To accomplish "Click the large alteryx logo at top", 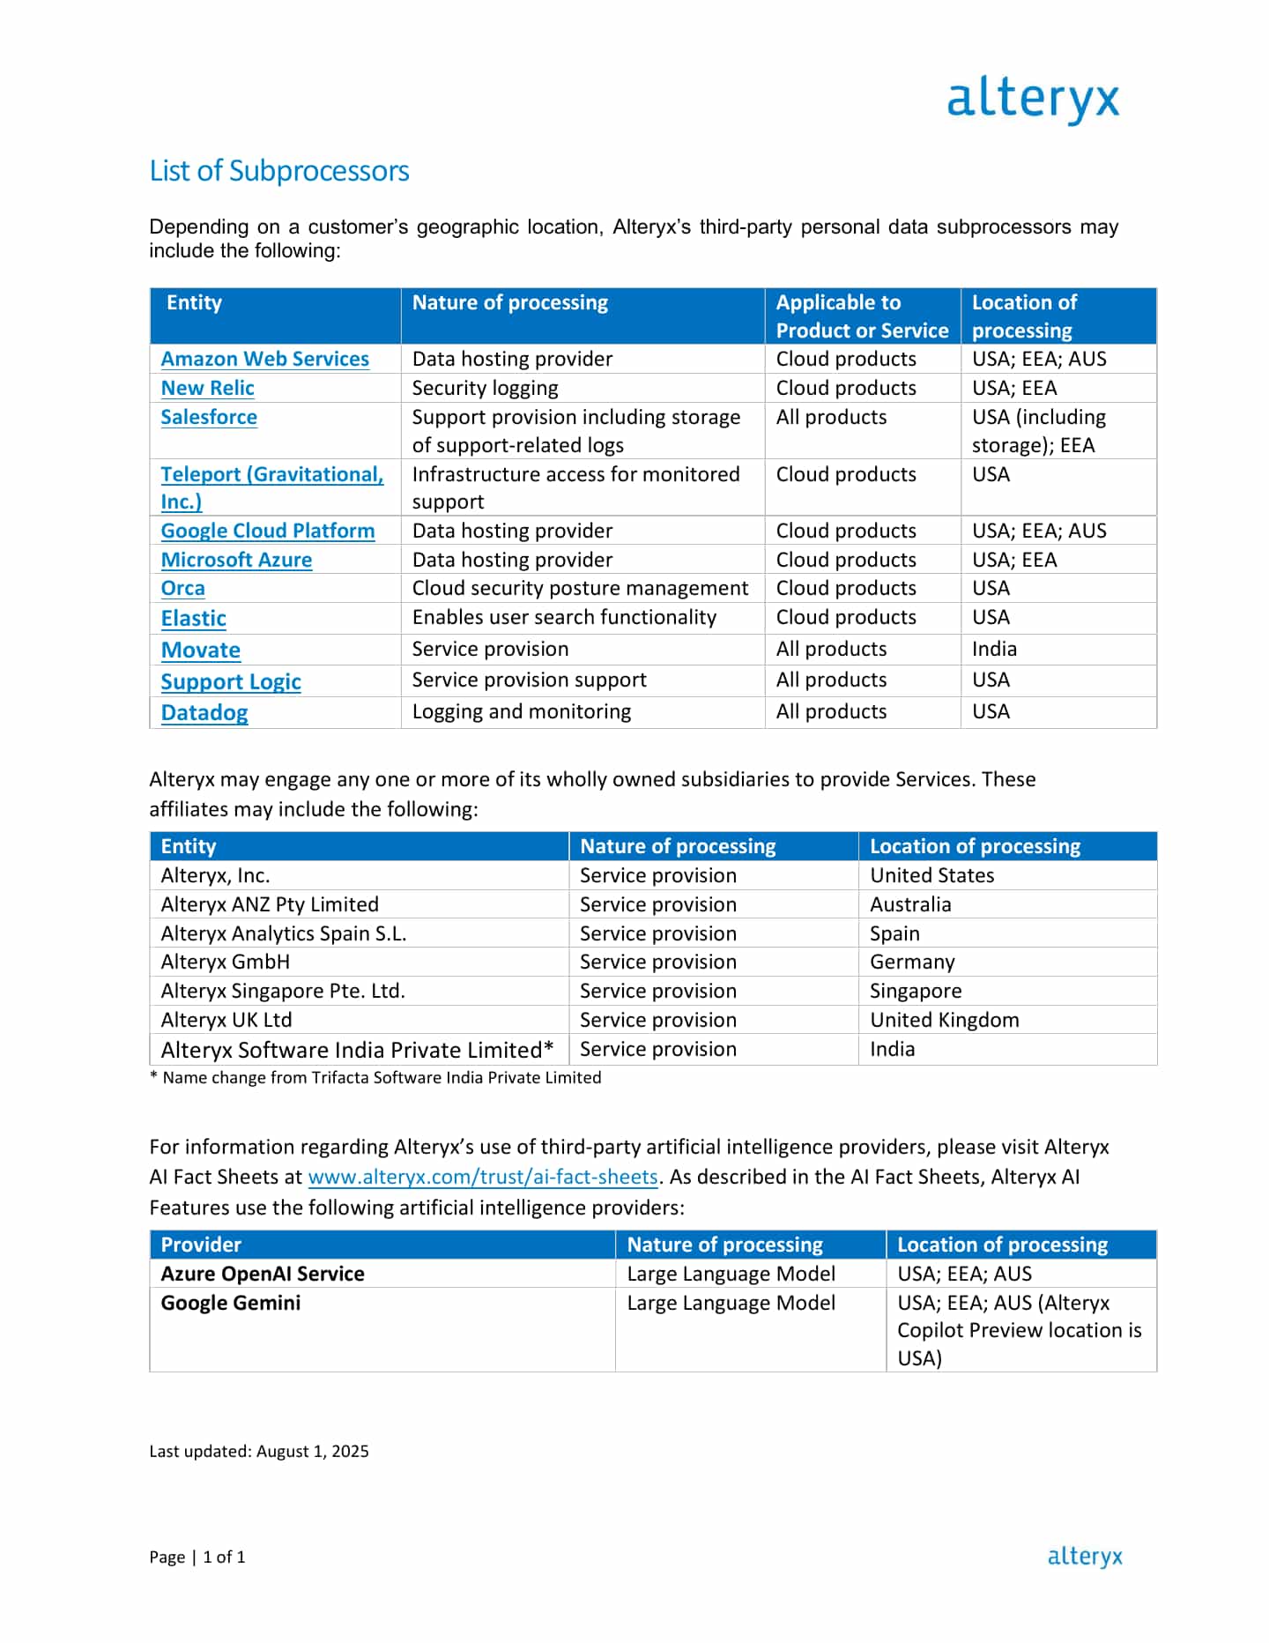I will tap(1033, 99).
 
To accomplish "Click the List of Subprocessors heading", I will tap(279, 170).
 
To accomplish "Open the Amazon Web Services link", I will tap(264, 359).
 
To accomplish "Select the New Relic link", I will tap(207, 388).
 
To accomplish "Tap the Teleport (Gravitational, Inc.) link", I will tap(271, 475).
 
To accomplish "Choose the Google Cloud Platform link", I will tap(267, 531).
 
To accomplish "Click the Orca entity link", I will tap(182, 588).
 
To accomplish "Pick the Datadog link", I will tap(204, 712).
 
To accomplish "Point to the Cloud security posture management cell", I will tap(580, 588).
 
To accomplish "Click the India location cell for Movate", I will tap(994, 649).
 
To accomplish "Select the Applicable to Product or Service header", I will tap(861, 316).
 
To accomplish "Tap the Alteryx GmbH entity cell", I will tap(225, 962).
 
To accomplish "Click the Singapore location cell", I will tap(916, 991).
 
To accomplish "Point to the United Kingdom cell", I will tap(944, 1020).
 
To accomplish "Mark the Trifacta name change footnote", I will tap(376, 1077).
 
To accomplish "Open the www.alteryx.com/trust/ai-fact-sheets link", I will tap(482, 1177).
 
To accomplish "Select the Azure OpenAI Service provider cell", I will tap(262, 1274).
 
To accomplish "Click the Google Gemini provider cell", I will tap(230, 1303).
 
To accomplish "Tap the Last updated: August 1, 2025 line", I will tap(258, 1451).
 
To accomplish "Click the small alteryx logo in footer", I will tap(1085, 1557).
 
